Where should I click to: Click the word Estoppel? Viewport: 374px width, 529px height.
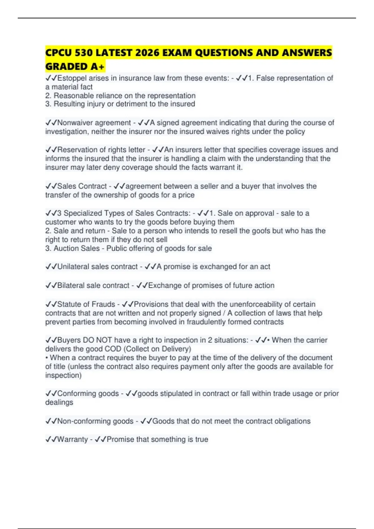(x=72, y=78)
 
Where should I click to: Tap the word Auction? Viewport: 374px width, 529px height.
(x=65, y=249)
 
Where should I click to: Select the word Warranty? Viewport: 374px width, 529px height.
(x=72, y=439)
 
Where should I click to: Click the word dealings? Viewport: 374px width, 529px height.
(x=59, y=403)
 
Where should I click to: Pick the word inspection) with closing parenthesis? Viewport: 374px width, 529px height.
(x=63, y=376)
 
